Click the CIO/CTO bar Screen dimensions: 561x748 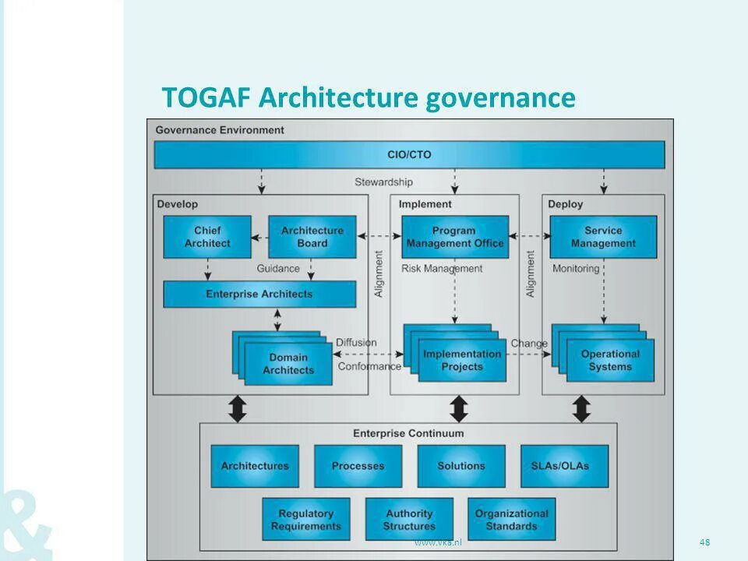tap(409, 154)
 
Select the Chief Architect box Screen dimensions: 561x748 tap(207, 237)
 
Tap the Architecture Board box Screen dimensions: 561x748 tap(312, 237)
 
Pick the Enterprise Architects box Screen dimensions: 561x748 tap(259, 295)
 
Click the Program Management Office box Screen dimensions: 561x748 tap(455, 237)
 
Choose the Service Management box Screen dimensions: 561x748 tap(603, 237)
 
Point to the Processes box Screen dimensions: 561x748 tap(358, 466)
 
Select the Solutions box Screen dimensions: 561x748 tap(460, 466)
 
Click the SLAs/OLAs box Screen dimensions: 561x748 tap(565, 466)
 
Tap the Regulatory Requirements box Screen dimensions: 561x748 tap(306, 520)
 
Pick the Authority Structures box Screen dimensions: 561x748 tap(409, 520)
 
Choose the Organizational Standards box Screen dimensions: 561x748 tap(512, 520)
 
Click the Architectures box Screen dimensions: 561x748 tap(255, 466)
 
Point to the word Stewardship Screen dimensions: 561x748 tap(383, 182)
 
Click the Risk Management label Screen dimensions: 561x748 tap(442, 269)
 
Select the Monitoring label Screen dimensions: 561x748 tap(576, 269)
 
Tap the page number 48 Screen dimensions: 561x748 tap(705, 542)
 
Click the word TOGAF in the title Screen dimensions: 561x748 tap(206, 98)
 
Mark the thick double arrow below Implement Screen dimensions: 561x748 tap(459, 408)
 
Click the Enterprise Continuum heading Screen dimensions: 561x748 tap(408, 433)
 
